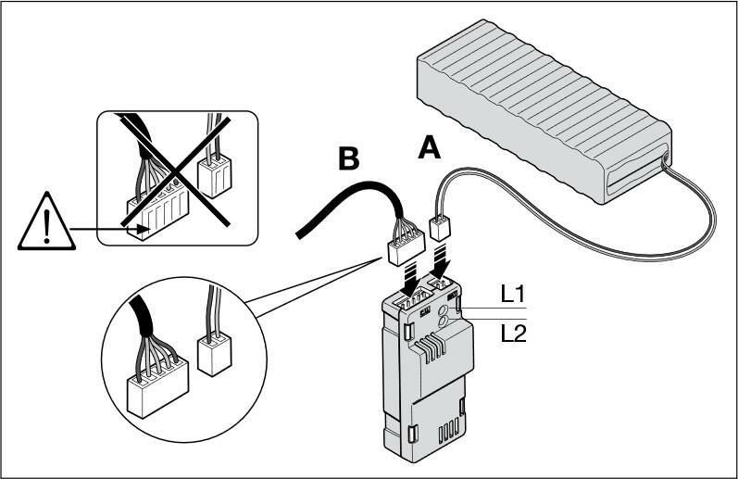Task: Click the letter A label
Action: pyautogui.click(x=429, y=147)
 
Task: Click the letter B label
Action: pyautogui.click(x=348, y=159)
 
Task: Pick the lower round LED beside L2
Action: pyautogui.click(x=443, y=323)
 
